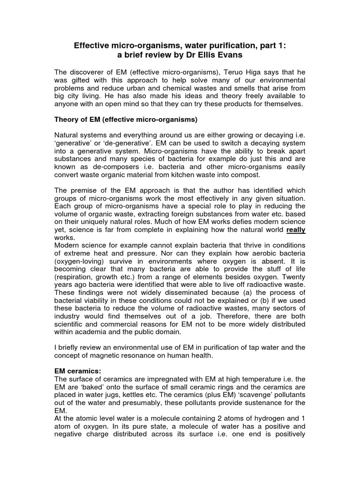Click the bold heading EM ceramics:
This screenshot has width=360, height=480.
point(78,371)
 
